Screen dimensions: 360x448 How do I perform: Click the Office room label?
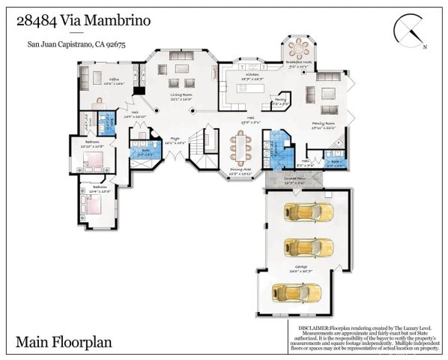point(114,78)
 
